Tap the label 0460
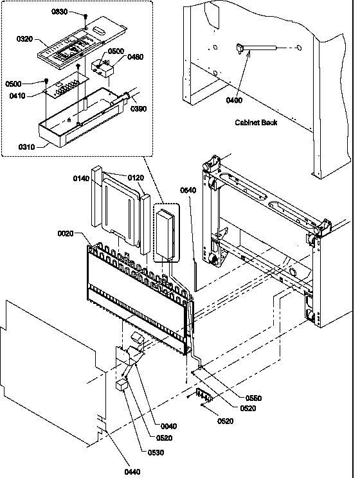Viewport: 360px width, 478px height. (135, 57)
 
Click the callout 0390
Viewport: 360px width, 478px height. (138, 109)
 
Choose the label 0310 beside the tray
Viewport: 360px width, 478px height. (26, 147)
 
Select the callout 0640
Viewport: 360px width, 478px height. (188, 190)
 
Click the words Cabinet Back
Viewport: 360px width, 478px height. (256, 123)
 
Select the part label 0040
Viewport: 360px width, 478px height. (168, 426)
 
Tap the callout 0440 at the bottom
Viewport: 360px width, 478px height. (132, 472)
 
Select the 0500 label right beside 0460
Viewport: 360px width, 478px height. (116, 51)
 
